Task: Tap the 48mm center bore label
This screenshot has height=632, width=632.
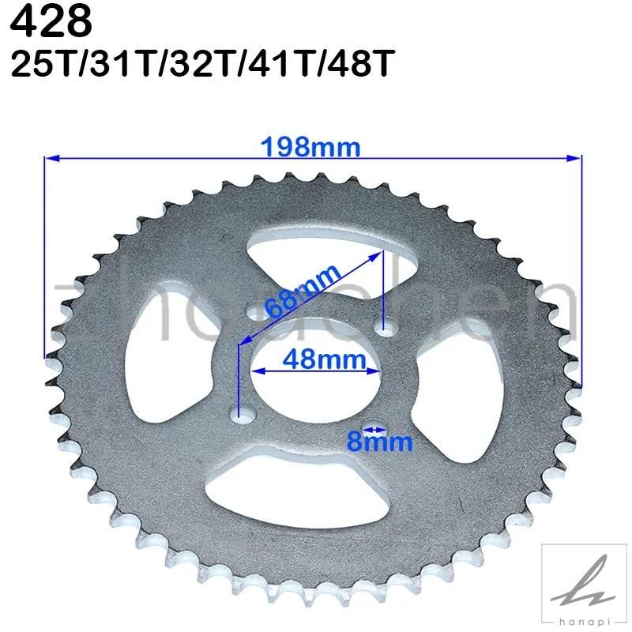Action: (x=310, y=359)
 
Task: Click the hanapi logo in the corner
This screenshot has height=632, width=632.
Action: (x=583, y=584)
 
